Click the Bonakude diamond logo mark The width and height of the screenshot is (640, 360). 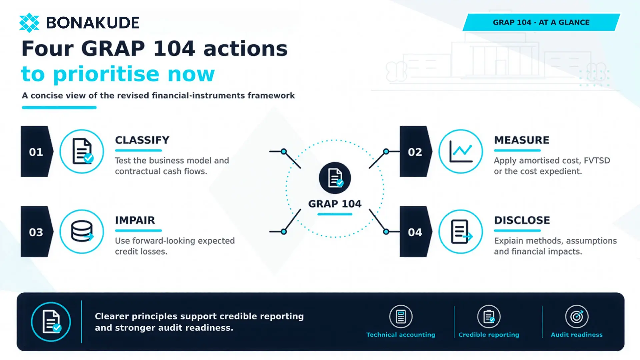click(x=29, y=23)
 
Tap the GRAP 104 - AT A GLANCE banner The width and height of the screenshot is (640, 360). click(x=541, y=22)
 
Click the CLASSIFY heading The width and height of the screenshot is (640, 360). click(x=142, y=140)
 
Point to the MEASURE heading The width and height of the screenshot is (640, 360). click(x=522, y=140)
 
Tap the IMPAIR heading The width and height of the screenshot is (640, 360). click(x=135, y=220)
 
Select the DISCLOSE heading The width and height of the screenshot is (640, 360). click(x=522, y=220)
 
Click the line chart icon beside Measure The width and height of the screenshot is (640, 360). click(x=461, y=151)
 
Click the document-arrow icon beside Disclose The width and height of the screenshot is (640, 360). click(x=461, y=232)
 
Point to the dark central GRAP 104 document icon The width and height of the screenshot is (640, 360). click(x=335, y=178)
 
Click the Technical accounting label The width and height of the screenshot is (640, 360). click(x=401, y=335)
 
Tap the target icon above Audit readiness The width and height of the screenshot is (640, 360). click(x=577, y=316)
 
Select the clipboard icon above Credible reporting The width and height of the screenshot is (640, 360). click(x=489, y=316)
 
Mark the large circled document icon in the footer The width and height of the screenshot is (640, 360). click(x=51, y=322)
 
